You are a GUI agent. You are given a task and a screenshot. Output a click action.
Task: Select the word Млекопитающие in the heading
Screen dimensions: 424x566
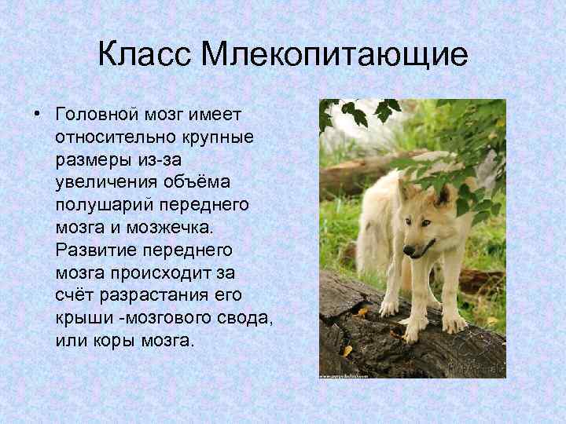coord(333,55)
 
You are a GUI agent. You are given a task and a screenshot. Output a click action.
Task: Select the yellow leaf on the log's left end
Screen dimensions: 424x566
coord(346,349)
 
